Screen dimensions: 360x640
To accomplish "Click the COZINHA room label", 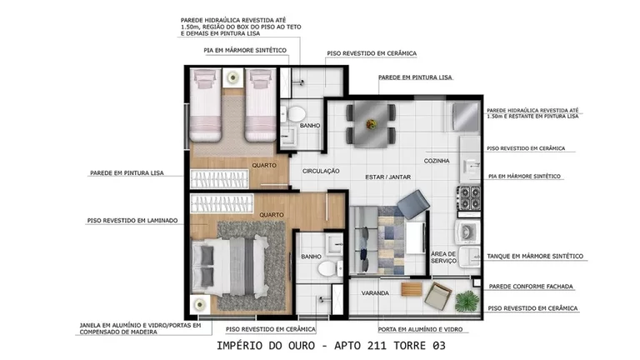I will pyautogui.click(x=437, y=160).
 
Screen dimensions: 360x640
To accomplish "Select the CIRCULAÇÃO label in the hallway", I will pyautogui.click(x=321, y=171).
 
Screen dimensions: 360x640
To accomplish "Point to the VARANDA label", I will pyautogui.click(x=375, y=293).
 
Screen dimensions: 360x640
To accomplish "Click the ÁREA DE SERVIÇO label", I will pyautogui.click(x=443, y=257).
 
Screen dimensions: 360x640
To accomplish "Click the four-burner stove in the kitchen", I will pyautogui.click(x=468, y=198).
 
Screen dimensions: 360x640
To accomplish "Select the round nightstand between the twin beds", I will pyautogui.click(x=232, y=77).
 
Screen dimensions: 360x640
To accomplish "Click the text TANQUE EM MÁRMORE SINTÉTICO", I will pyautogui.click(x=535, y=256).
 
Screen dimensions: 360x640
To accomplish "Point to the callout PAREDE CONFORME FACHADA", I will pyautogui.click(x=531, y=286).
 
